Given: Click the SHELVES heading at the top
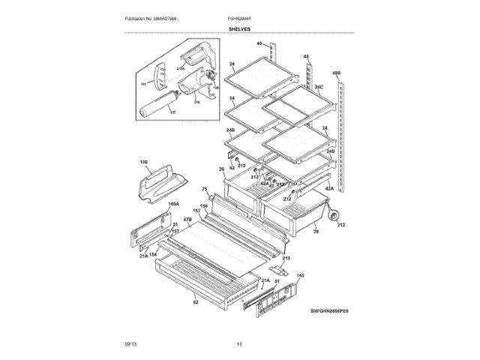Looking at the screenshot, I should (240, 29).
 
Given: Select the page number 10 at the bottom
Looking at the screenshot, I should (239, 344).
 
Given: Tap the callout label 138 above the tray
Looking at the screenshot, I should (144, 161).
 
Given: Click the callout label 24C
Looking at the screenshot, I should (319, 88).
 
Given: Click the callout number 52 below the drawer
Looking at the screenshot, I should (196, 303).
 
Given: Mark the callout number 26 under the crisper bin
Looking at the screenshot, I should (316, 232).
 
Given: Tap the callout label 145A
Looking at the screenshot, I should (173, 204).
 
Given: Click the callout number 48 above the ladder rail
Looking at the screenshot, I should (306, 57).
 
